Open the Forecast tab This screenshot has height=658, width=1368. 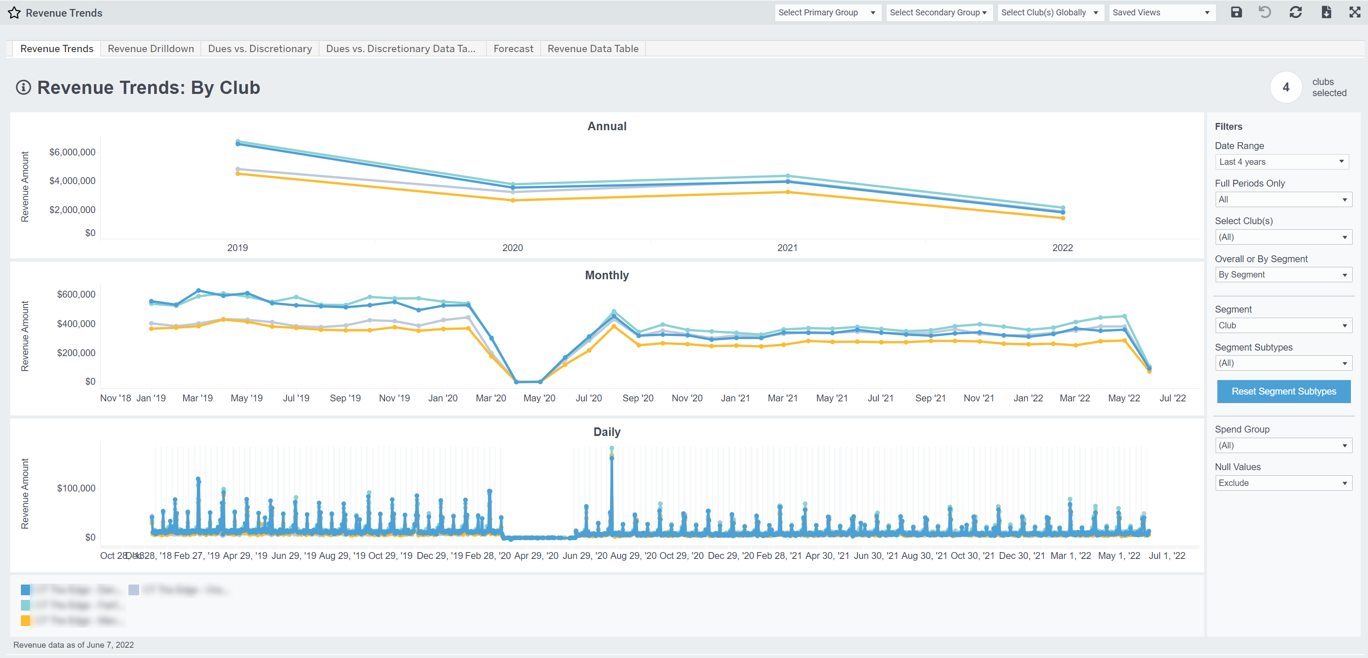(513, 48)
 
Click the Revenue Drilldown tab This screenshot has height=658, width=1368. (151, 48)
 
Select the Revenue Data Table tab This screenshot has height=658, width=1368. (593, 48)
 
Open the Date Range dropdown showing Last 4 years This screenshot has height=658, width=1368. (1281, 161)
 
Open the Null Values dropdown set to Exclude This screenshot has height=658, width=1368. (1283, 483)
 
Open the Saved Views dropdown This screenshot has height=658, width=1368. (1161, 12)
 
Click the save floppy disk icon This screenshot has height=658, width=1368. (1236, 12)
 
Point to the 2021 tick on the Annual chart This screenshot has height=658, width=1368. (787, 248)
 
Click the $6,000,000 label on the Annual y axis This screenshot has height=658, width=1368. (72, 152)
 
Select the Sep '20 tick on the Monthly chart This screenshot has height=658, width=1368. (638, 398)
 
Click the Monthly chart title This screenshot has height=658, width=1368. (607, 275)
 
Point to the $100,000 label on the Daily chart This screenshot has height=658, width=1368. (76, 488)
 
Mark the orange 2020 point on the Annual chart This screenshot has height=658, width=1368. (513, 200)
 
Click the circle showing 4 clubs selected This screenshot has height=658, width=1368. (1286, 87)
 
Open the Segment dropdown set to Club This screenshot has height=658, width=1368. (1283, 325)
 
